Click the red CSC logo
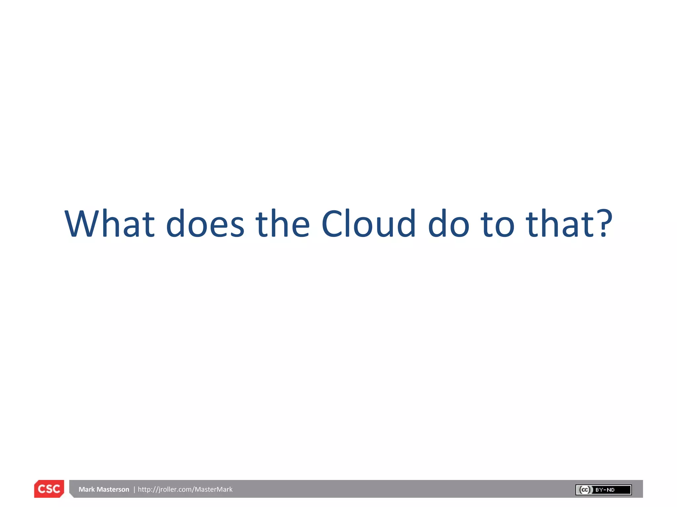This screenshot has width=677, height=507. (x=49, y=489)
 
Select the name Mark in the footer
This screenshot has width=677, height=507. (x=87, y=489)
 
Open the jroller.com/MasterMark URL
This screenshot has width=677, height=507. (x=185, y=489)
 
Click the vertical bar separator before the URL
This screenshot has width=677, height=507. (x=134, y=489)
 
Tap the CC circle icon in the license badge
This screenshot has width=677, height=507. (x=585, y=490)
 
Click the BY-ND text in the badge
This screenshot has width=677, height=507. (x=605, y=490)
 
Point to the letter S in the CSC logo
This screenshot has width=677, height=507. (x=49, y=489)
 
